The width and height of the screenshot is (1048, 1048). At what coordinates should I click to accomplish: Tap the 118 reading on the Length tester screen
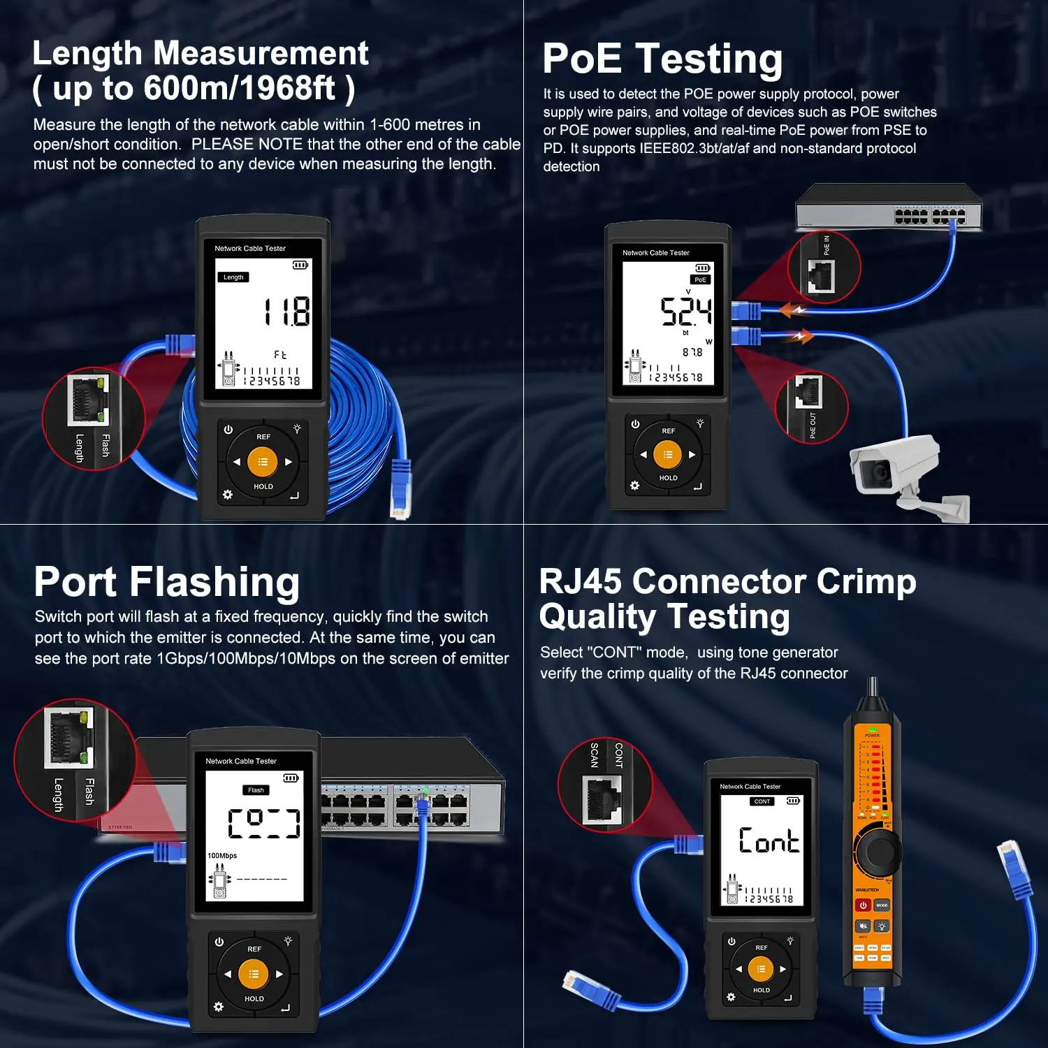(287, 312)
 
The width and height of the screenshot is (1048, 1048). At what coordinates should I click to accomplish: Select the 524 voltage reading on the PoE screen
(686, 312)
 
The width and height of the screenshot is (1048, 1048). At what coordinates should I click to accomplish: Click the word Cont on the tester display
(769, 840)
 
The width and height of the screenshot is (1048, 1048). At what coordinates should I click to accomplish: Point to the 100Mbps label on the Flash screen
(222, 855)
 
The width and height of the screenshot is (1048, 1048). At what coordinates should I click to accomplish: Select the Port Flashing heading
(166, 581)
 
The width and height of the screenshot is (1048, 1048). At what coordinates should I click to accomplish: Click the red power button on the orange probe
(863, 905)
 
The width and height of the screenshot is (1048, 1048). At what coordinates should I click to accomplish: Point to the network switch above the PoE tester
(888, 208)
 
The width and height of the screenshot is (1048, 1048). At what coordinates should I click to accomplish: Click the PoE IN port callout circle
(824, 268)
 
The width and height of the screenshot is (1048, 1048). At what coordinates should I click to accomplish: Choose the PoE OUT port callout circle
(811, 407)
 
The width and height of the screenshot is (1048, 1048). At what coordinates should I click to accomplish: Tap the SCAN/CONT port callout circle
(605, 785)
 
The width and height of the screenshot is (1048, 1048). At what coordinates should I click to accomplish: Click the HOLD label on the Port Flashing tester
(254, 998)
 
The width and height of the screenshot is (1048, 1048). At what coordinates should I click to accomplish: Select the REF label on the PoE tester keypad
(668, 431)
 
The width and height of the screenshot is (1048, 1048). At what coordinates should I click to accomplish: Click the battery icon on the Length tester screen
(300, 265)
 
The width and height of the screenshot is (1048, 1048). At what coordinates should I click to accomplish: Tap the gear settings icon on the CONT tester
(731, 997)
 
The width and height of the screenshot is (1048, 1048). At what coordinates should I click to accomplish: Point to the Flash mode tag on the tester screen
(256, 790)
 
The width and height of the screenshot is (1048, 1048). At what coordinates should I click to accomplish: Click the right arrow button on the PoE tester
(692, 455)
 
